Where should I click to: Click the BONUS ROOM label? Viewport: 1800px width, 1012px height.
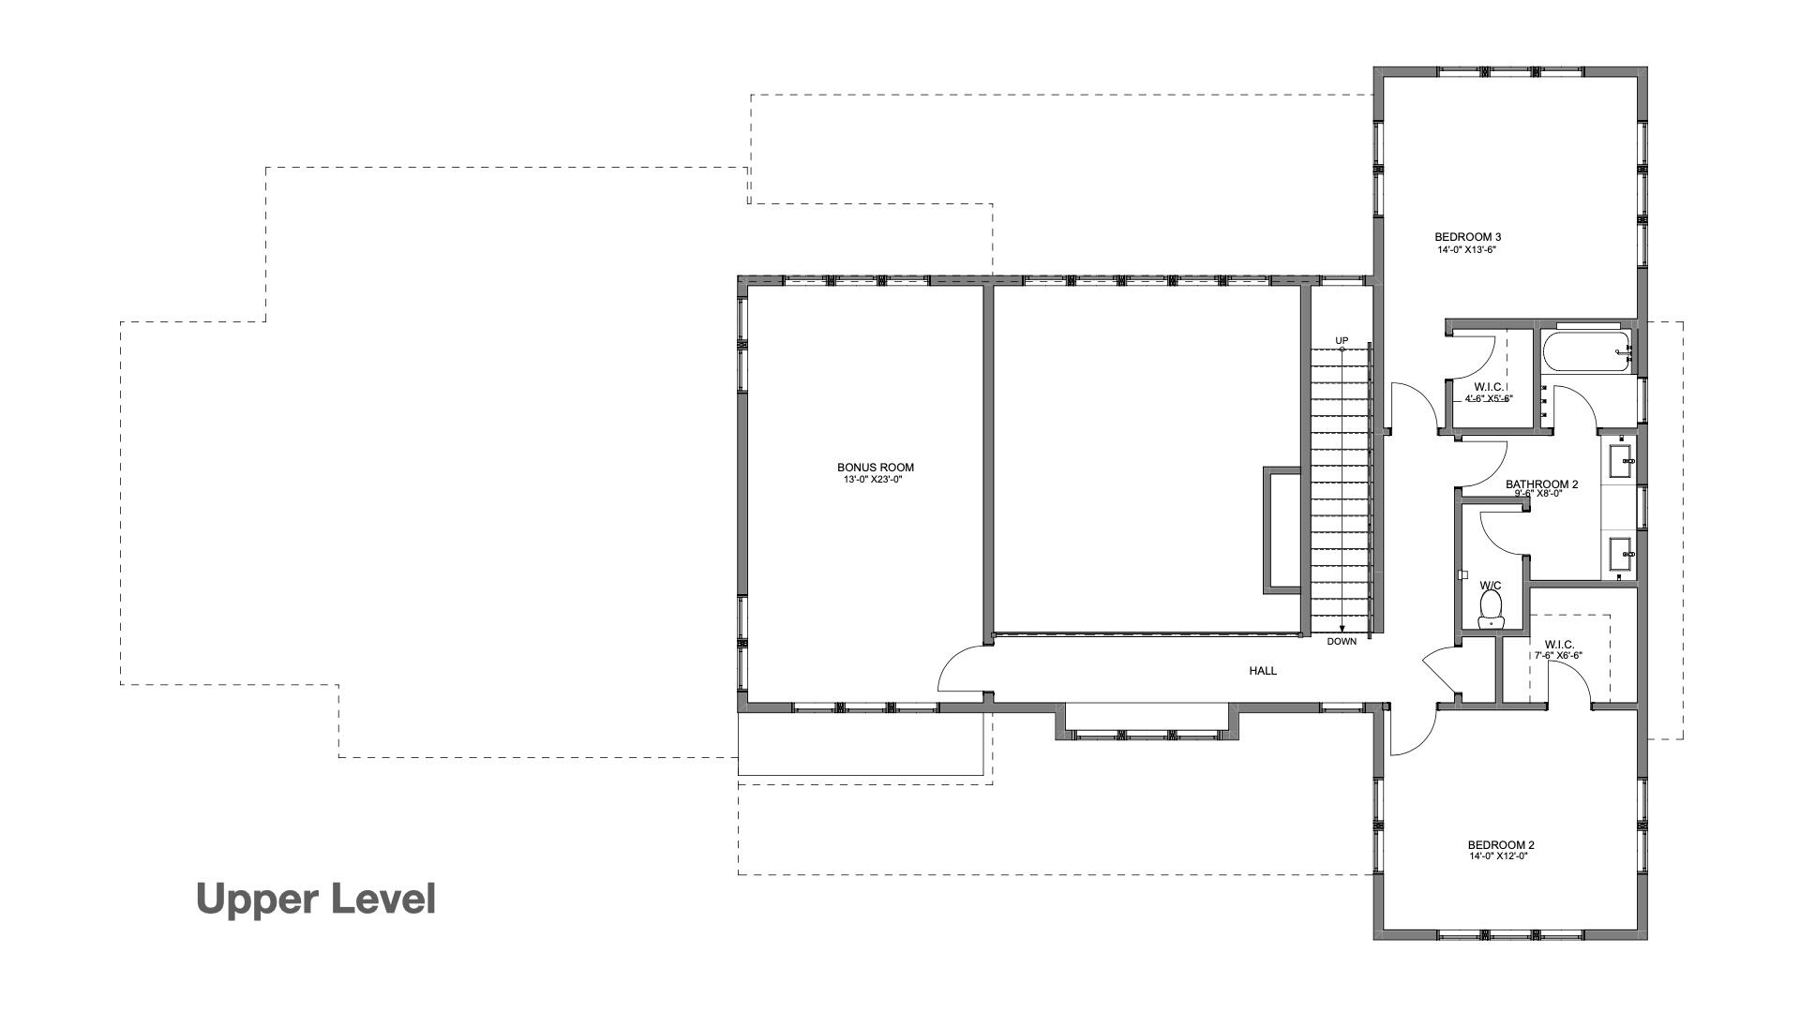click(875, 467)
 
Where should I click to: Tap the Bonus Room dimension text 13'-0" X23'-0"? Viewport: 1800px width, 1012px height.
click(875, 480)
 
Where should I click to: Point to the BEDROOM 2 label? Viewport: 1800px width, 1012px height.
click(1500, 844)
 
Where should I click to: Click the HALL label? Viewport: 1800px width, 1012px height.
click(1262, 671)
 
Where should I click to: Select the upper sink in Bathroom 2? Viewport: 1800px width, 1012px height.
click(1621, 459)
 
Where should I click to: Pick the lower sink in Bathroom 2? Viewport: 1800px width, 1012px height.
click(1621, 554)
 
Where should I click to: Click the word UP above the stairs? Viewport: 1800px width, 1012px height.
click(1342, 340)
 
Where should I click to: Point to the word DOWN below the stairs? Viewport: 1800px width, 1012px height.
click(1342, 642)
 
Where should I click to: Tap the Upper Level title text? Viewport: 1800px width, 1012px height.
click(316, 899)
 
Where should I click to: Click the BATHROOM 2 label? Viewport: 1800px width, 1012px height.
click(1541, 484)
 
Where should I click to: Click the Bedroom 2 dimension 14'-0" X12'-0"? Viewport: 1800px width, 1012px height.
click(1499, 856)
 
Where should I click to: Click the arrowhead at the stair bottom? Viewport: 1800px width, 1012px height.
click(1342, 630)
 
